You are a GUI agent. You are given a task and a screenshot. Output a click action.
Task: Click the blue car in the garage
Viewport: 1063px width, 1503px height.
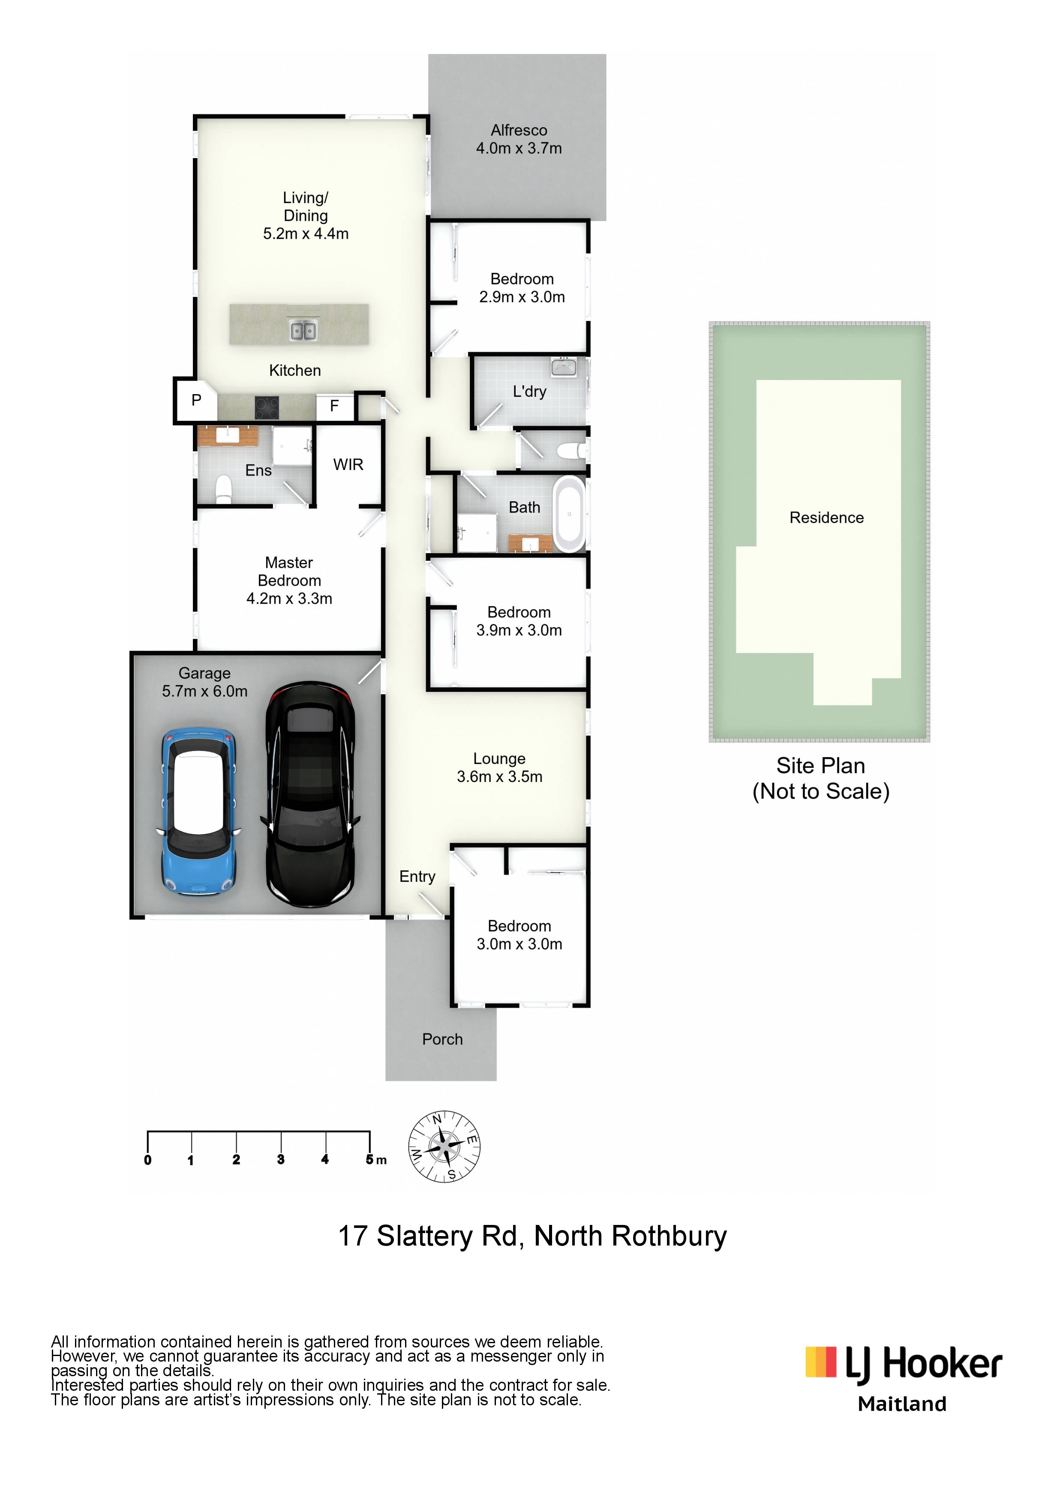(198, 812)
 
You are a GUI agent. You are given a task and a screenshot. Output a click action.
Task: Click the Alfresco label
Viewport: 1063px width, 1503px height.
(519, 130)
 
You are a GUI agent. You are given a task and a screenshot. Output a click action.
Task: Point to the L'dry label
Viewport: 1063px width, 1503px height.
(529, 392)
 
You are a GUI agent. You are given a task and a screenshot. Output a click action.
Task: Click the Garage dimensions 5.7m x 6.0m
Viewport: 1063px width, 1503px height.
(205, 691)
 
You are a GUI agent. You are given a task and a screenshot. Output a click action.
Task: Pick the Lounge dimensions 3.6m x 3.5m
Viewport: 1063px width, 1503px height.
(500, 776)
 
